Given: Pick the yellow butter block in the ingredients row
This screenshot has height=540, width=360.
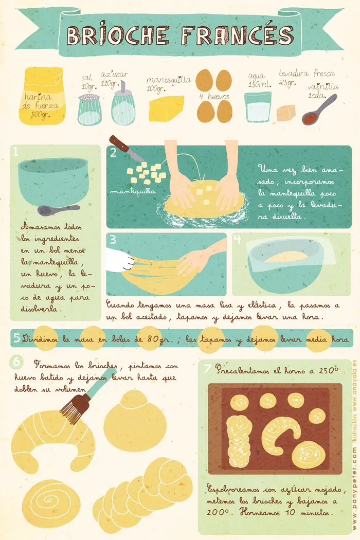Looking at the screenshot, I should [x=166, y=109].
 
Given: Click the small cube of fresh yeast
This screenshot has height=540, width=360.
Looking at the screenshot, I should [x=286, y=113].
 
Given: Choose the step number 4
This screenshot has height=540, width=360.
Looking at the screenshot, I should [x=237, y=240].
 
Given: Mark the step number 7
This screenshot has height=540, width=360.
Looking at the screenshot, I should [x=207, y=369].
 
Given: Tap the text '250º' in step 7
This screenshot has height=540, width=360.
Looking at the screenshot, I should [x=328, y=369].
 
